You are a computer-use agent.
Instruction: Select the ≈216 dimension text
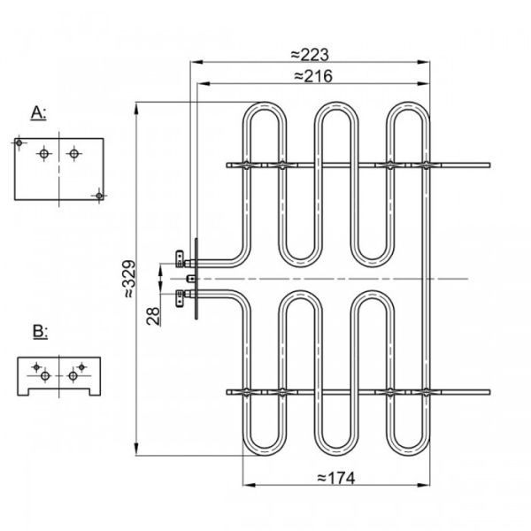pos(312,77)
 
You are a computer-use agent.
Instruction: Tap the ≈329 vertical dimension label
pos(128,278)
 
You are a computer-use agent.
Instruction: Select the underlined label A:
pos(39,112)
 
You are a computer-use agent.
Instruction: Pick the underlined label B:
pos(39,332)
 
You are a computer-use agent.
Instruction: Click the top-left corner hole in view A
pos(19,142)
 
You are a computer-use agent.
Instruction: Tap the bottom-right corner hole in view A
pos(99,195)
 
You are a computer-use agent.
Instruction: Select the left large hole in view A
pos(42,154)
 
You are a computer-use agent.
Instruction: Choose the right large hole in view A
pos(73,154)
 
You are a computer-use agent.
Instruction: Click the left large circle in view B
pos(44,376)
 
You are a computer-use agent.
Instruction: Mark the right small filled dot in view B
pos(81,366)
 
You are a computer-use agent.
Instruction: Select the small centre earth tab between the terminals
pos(189,278)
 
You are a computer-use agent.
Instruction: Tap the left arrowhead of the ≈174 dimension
pos(248,485)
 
